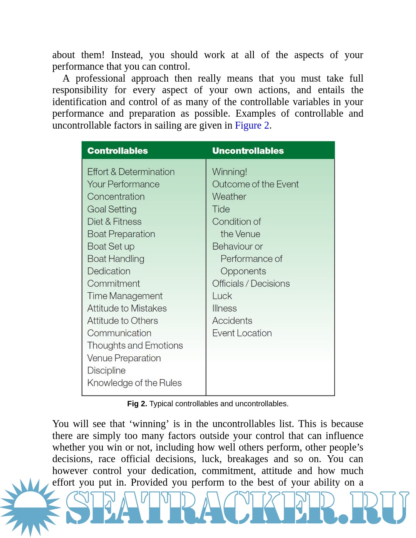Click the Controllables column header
tap(117, 151)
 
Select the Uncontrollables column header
tap(248, 151)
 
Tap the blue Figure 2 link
tap(252, 126)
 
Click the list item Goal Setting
tap(112, 209)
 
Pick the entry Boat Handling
tap(116, 259)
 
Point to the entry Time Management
tap(125, 296)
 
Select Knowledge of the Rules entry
tap(134, 383)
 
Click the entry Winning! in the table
tap(230, 172)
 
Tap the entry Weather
tap(229, 196)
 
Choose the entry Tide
tap(221, 209)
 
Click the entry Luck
tap(222, 296)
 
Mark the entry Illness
tap(225, 308)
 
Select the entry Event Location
tap(242, 333)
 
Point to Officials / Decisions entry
tap(251, 283)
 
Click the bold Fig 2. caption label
tap(137, 404)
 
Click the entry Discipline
tap(106, 370)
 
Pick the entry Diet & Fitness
tap(114, 221)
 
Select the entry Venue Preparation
tap(124, 358)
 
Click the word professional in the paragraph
tap(101, 79)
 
